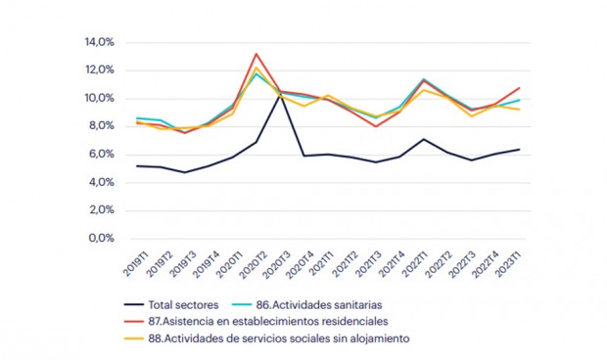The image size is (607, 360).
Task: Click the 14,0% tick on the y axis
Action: pyautogui.click(x=100, y=43)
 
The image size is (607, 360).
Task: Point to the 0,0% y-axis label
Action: pyautogui.click(x=102, y=238)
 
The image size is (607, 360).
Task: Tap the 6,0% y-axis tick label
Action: pyautogui.click(x=102, y=155)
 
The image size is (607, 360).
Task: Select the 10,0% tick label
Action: pyautogui.click(x=100, y=99)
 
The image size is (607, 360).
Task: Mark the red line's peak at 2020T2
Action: pyautogui.click(x=256, y=54)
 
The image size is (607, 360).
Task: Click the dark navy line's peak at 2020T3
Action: pyautogui.click(x=280, y=94)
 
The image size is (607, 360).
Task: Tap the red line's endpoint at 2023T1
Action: pyautogui.click(x=520, y=88)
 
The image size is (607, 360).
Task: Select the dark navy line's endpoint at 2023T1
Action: pyautogui.click(x=520, y=150)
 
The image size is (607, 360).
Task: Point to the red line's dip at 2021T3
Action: pyautogui.click(x=376, y=126)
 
